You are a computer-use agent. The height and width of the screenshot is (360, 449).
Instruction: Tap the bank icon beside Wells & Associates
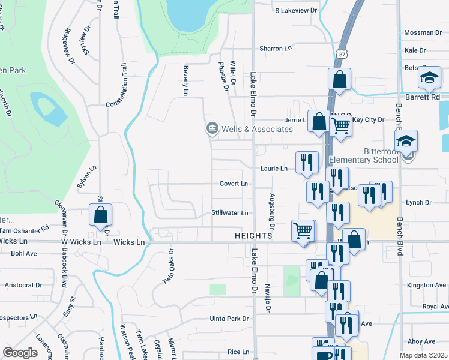click(212, 128)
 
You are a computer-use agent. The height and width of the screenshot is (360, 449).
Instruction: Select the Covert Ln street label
click(234, 184)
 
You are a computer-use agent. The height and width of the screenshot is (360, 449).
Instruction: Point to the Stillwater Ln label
click(229, 213)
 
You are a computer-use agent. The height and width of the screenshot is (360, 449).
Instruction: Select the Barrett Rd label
click(426, 97)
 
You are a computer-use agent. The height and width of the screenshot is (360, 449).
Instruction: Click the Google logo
click(20, 353)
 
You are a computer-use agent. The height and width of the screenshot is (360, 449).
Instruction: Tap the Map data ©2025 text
click(423, 355)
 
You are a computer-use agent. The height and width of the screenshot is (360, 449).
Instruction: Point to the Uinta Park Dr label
click(229, 319)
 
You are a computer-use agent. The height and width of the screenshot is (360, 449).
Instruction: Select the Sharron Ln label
click(274, 48)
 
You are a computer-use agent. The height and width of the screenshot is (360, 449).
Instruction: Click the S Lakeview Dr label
click(295, 11)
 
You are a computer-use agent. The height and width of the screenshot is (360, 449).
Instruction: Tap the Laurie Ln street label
click(273, 169)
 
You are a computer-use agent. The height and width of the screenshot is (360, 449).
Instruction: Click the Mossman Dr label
click(423, 32)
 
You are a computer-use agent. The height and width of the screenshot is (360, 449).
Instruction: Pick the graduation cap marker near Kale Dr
click(429, 78)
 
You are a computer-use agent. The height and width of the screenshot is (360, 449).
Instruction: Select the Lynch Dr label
click(419, 203)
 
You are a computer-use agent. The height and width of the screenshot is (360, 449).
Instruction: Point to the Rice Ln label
click(238, 352)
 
